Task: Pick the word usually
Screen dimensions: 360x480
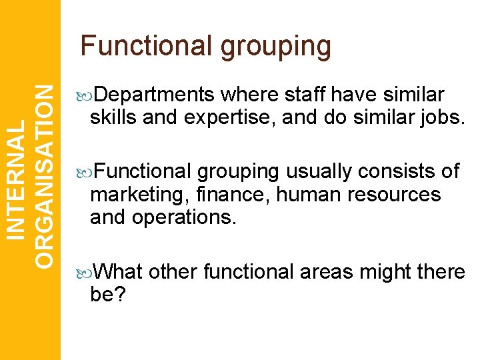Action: [x=319, y=172]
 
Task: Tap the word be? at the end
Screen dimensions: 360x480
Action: [x=107, y=294]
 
